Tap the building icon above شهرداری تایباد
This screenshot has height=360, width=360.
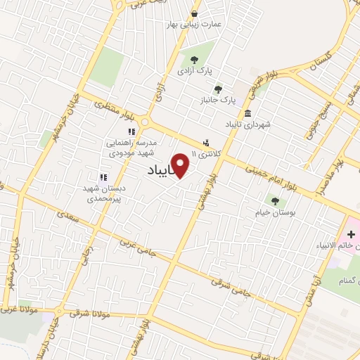(247, 113)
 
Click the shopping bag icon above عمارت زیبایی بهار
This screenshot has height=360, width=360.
(194, 13)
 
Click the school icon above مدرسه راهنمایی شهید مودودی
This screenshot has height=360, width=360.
(130, 131)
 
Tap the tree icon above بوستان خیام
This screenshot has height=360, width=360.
(275, 200)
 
